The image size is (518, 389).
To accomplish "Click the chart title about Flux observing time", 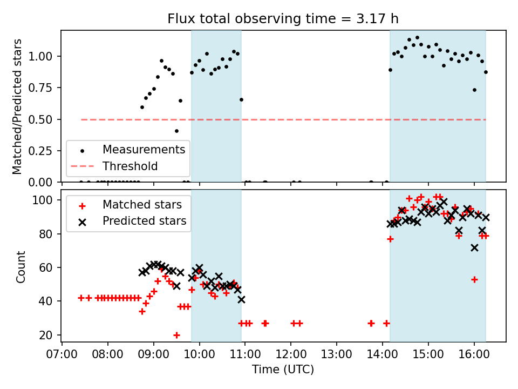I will tap(283, 19).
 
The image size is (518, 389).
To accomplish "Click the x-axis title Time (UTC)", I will tap(283, 370).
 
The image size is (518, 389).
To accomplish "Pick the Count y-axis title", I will tap(21, 266).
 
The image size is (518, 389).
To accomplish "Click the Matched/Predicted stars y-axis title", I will tap(17, 106).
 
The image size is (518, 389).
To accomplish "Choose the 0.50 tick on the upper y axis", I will tap(44, 119).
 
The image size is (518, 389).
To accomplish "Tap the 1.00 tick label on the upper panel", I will tap(44, 57).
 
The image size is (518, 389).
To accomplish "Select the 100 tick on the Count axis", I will tap(47, 200).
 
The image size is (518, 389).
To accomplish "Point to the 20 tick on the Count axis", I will tap(50, 335).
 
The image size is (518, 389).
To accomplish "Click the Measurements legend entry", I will tap(144, 150).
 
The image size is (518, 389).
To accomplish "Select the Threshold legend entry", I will tap(130, 166).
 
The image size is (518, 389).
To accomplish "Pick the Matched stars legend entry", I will tap(142, 205).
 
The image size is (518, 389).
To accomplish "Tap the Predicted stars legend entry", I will tap(144, 221).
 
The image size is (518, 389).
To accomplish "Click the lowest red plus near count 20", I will tap(176, 335).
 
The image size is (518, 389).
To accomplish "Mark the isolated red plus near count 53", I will tap(474, 279).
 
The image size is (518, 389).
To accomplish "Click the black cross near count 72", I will tap(474, 247).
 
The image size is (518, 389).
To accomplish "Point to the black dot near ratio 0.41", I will tap(176, 131).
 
